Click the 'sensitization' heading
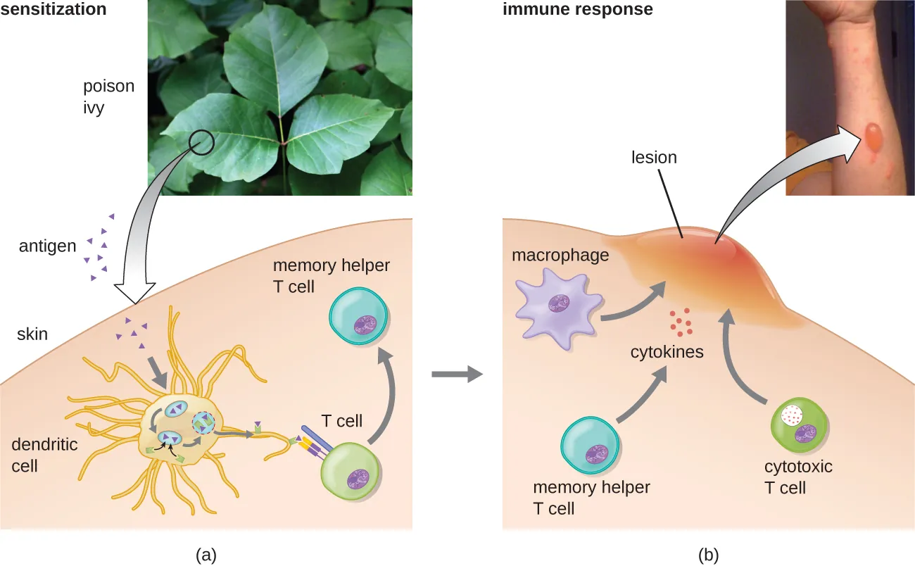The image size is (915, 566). tap(53, 10)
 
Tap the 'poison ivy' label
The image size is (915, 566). tap(108, 97)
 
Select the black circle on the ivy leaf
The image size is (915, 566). tap(202, 142)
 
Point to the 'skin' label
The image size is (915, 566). tap(32, 334)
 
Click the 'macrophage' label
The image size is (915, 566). tap(560, 255)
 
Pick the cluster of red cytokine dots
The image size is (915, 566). tap(681, 322)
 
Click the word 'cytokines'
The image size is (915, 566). tap(667, 352)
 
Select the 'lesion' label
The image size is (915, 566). tap(653, 158)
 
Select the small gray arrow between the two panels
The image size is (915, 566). tap(456, 374)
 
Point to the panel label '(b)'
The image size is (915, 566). tap(708, 555)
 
